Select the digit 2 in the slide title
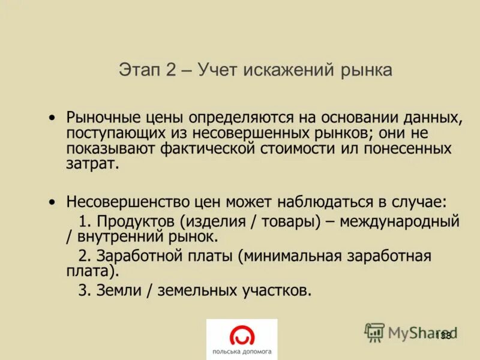click(x=171, y=70)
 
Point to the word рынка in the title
click(x=364, y=70)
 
